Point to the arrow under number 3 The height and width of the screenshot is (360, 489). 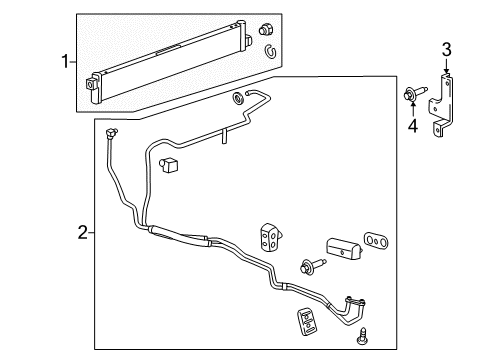tap(447, 68)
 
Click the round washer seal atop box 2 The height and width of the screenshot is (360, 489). tap(240, 97)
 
